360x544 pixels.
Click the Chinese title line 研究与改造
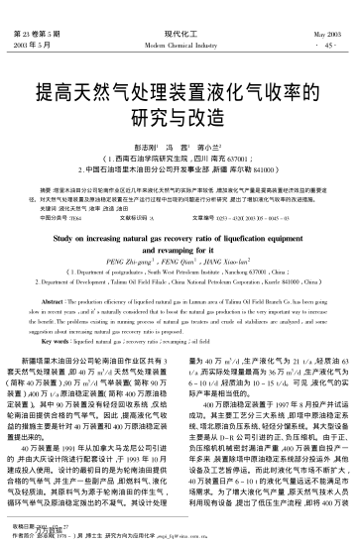(180, 122)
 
